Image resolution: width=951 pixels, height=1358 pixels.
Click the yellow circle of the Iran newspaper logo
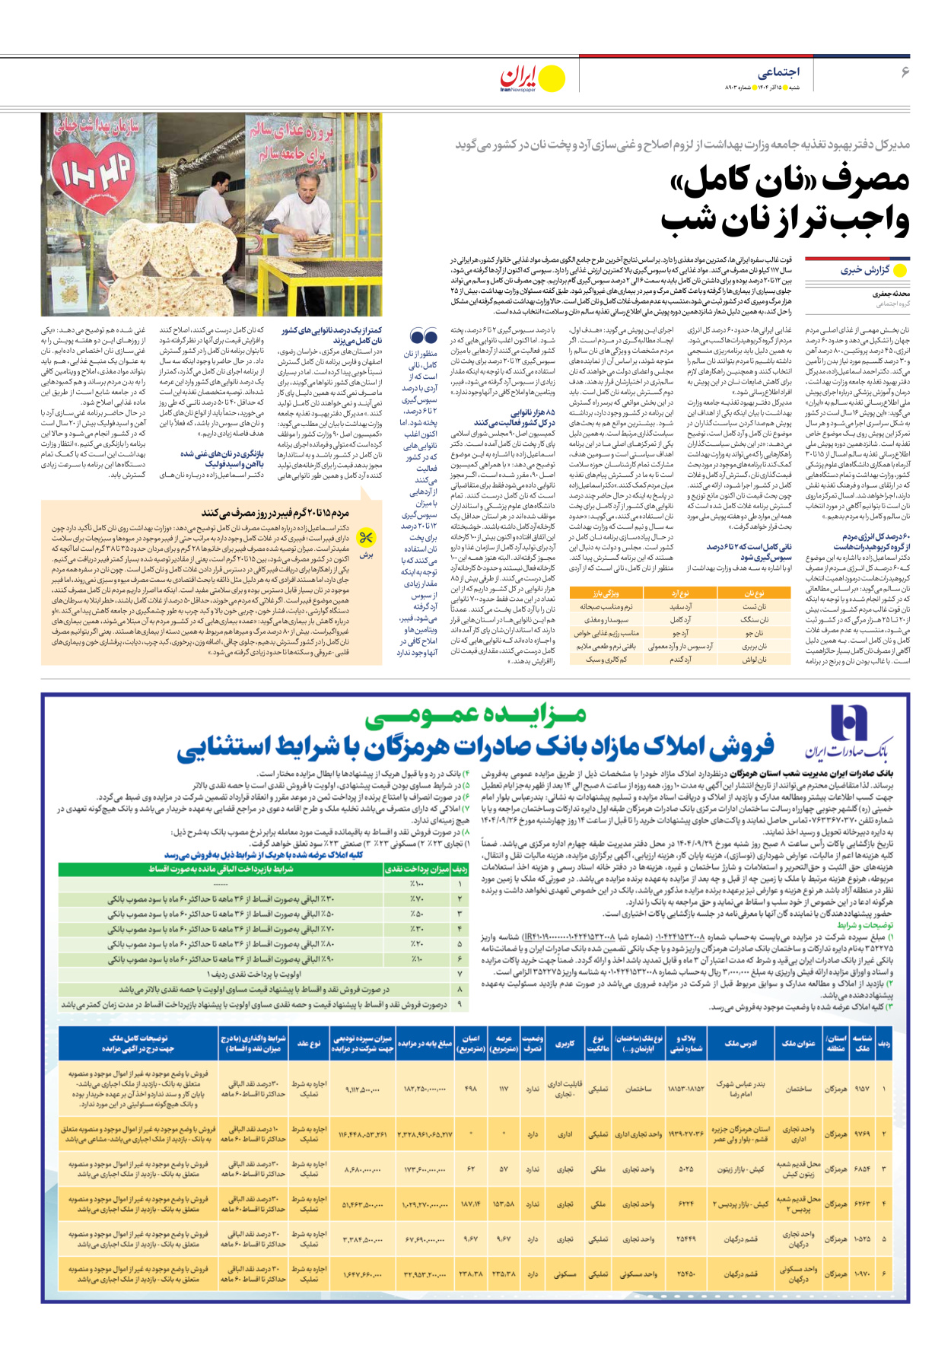click(552, 78)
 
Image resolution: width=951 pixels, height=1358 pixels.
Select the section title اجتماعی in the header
click(778, 72)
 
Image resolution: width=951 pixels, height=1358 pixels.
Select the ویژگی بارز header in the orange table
click(606, 593)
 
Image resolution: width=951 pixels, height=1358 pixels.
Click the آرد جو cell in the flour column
click(680, 632)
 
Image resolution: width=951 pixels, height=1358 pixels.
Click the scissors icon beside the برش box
click(366, 538)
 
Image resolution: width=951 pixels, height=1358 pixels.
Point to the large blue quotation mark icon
click(423, 336)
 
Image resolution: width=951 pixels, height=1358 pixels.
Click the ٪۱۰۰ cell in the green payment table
click(417, 884)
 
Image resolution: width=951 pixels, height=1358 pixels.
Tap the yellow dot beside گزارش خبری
click(900, 270)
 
